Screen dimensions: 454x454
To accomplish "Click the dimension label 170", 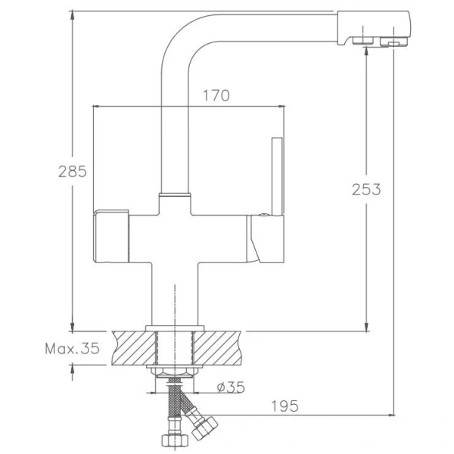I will click(x=216, y=95).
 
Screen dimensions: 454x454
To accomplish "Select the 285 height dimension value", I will click(x=72, y=171).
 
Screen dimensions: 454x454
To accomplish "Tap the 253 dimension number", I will click(x=366, y=189).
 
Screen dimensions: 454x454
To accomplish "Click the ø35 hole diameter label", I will click(x=229, y=387).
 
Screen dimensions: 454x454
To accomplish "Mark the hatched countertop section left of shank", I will click(x=133, y=347).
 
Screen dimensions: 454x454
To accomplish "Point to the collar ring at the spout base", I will click(x=176, y=195).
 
